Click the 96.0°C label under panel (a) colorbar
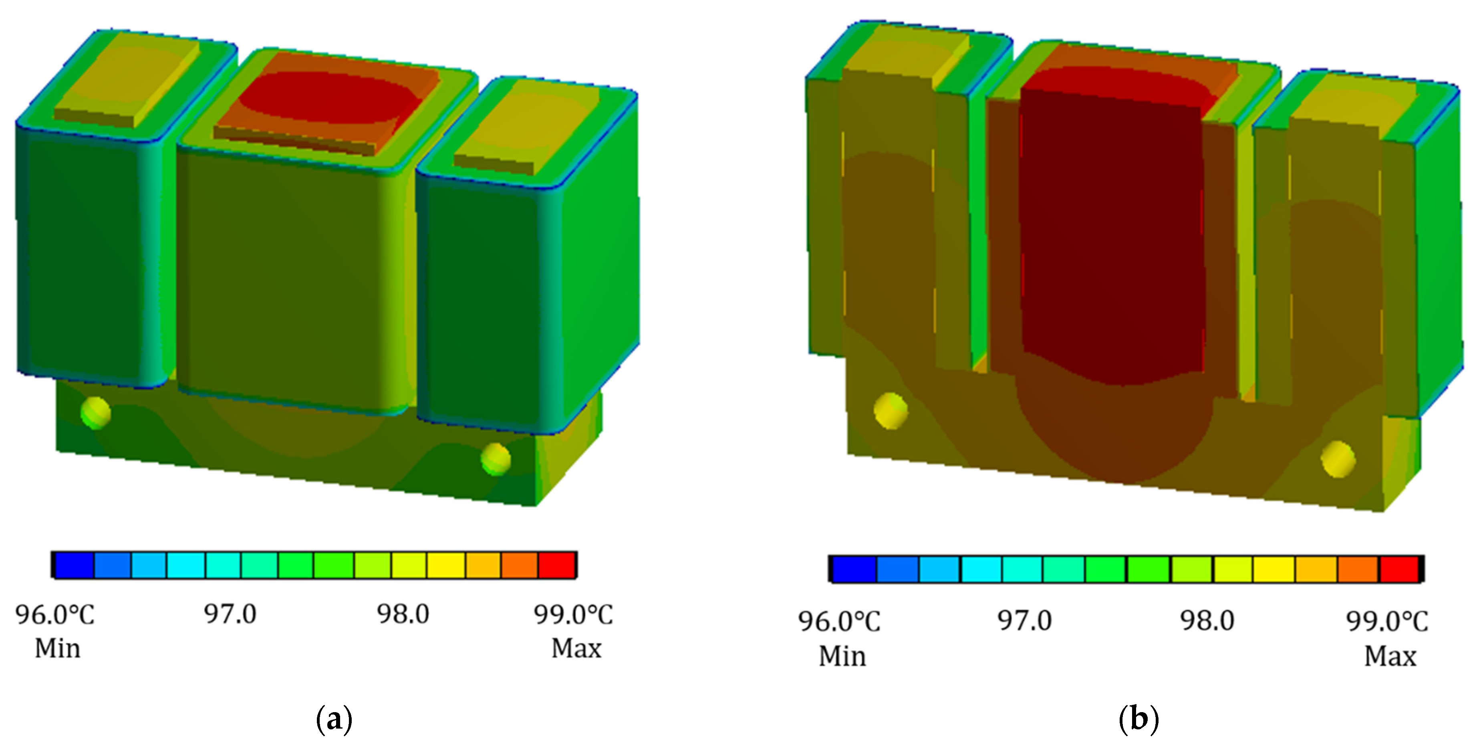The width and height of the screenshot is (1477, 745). click(x=55, y=615)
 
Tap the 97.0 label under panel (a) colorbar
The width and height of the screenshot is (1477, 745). click(x=230, y=614)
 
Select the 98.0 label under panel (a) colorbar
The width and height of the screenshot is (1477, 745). click(x=403, y=614)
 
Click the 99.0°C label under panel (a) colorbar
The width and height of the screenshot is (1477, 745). click(x=573, y=615)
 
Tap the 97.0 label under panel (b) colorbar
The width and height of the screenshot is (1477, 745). click(x=1024, y=620)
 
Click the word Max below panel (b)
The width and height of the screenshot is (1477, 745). click(x=1390, y=656)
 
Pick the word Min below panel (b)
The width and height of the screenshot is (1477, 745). click(x=842, y=656)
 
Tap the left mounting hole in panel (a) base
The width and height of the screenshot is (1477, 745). click(x=95, y=412)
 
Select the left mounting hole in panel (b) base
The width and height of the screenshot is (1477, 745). click(x=891, y=411)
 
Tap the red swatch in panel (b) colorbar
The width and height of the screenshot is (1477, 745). click(x=1399, y=569)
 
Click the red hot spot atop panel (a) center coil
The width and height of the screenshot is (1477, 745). click(x=327, y=96)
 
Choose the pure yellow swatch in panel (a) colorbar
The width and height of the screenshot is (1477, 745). click(x=445, y=565)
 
